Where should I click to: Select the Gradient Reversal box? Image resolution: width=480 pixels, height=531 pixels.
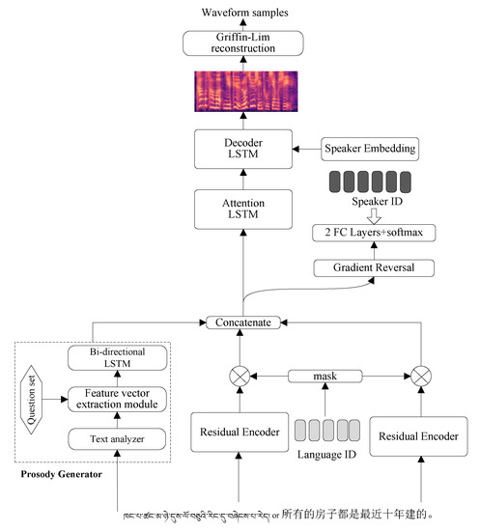(x=374, y=267)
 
